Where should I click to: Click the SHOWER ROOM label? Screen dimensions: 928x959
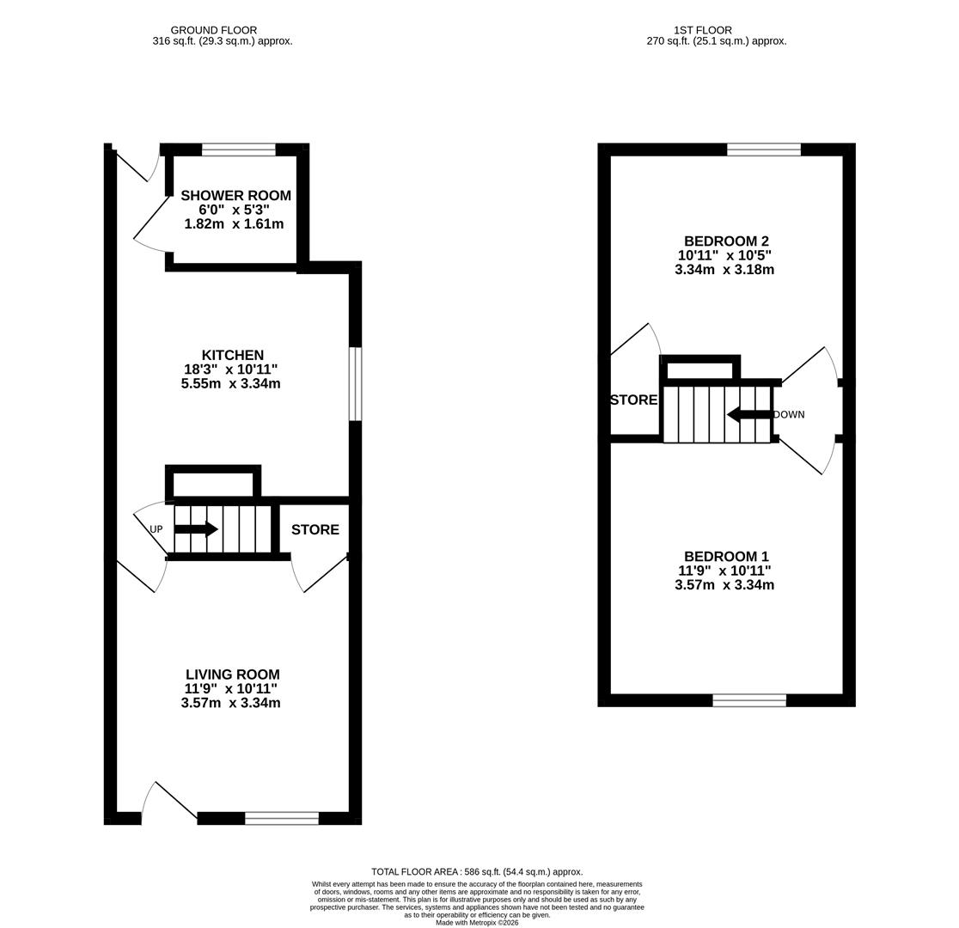coord(235,196)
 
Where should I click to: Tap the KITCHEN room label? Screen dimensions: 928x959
coord(232,355)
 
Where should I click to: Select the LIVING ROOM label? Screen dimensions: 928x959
coord(232,675)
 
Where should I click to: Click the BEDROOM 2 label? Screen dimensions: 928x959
coord(725,241)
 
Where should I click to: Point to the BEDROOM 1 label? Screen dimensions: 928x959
coord(725,557)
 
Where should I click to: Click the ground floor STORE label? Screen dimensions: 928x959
coord(315,529)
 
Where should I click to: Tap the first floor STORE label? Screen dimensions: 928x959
coord(633,400)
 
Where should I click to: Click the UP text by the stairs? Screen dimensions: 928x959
coord(156,529)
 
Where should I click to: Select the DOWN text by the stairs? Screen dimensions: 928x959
coord(789,414)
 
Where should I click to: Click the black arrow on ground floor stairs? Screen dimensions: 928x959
coord(196,529)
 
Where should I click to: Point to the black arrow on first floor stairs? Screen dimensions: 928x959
coord(748,415)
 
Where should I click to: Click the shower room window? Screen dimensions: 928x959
coord(238,150)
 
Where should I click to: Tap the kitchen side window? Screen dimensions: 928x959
coord(355,383)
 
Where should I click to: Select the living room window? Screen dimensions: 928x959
coord(281,818)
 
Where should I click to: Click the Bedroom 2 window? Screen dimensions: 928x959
coord(763,150)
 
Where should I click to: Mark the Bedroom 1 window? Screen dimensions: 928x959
coord(748,700)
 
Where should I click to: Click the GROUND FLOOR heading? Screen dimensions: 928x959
coord(213,30)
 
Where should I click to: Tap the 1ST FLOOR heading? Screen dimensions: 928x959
coord(703,30)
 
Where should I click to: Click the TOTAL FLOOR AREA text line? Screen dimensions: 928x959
coord(477,871)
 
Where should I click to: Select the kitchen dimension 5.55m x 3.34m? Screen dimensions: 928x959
coord(230,383)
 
